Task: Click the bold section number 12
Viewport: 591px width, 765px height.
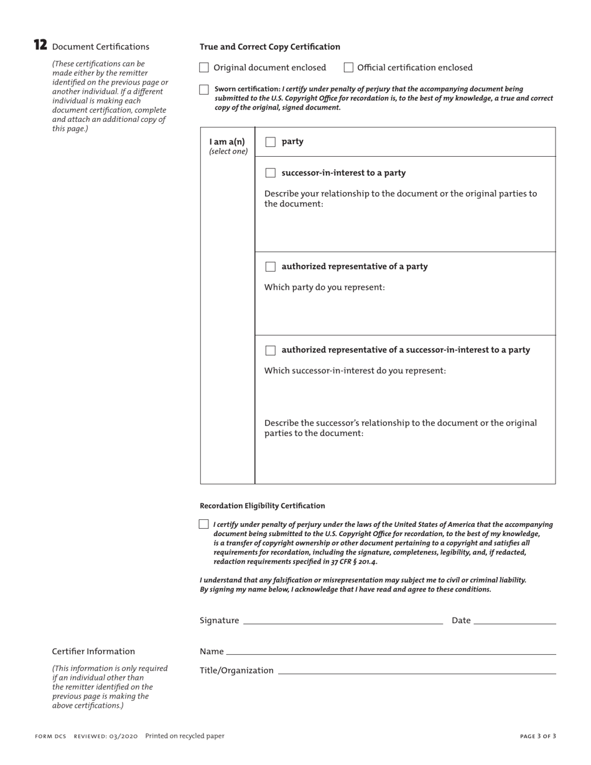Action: [x=40, y=45]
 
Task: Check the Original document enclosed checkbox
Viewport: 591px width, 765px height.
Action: [x=204, y=67]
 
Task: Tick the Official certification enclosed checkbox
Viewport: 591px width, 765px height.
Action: [x=348, y=67]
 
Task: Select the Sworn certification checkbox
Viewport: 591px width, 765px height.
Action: [x=204, y=90]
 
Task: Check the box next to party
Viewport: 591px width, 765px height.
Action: [x=270, y=142]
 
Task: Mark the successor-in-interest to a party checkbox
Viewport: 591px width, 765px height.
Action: [x=270, y=173]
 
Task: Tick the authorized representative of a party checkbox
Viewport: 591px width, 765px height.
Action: [x=270, y=267]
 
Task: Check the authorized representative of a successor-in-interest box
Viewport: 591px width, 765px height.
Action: [x=270, y=350]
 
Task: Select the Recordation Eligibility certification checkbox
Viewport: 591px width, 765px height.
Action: [x=203, y=524]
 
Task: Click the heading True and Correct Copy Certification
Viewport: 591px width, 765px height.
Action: [x=270, y=47]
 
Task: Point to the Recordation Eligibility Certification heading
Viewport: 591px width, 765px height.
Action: [x=262, y=506]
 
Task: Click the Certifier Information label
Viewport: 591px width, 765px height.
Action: [x=93, y=651]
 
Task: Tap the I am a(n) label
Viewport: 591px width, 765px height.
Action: [x=227, y=142]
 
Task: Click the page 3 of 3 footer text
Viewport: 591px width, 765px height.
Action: [x=537, y=736]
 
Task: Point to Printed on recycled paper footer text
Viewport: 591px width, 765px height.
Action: [x=185, y=736]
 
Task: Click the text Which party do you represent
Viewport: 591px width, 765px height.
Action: [x=325, y=287]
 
